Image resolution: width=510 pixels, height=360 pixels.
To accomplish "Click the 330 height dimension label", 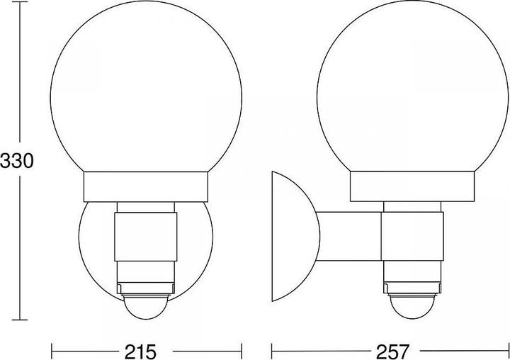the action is [x=17, y=161].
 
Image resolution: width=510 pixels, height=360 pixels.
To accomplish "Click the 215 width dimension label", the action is [x=140, y=351].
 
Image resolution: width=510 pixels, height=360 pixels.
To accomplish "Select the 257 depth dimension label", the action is [x=392, y=351].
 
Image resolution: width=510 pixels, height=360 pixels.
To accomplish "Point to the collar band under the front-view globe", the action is [x=146, y=187].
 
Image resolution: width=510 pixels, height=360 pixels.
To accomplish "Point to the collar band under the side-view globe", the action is [x=412, y=186].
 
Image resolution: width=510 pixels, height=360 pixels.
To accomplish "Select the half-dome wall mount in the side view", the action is [x=295, y=236].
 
